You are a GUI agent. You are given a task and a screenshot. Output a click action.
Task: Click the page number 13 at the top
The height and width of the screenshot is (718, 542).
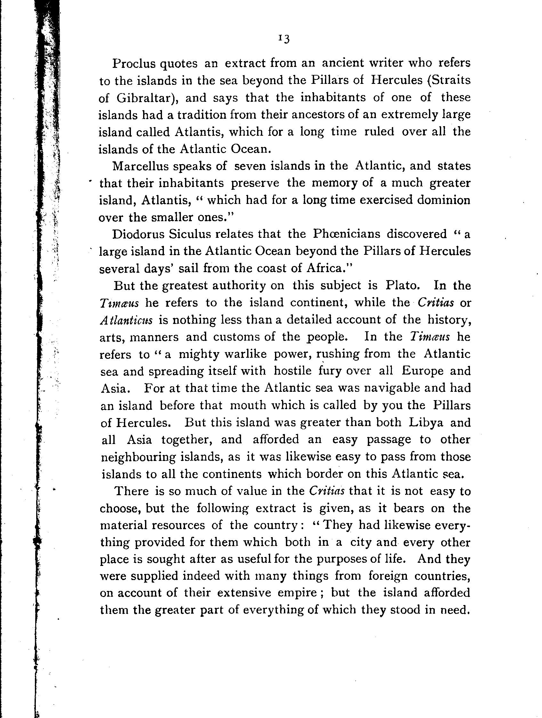coord(284,39)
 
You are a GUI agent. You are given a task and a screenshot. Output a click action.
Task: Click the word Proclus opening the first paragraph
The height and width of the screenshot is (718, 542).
coord(134,64)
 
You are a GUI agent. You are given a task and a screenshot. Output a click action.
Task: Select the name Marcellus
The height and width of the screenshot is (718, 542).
coord(141,166)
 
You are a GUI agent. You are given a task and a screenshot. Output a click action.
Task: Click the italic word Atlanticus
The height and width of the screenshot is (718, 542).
coord(126,320)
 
